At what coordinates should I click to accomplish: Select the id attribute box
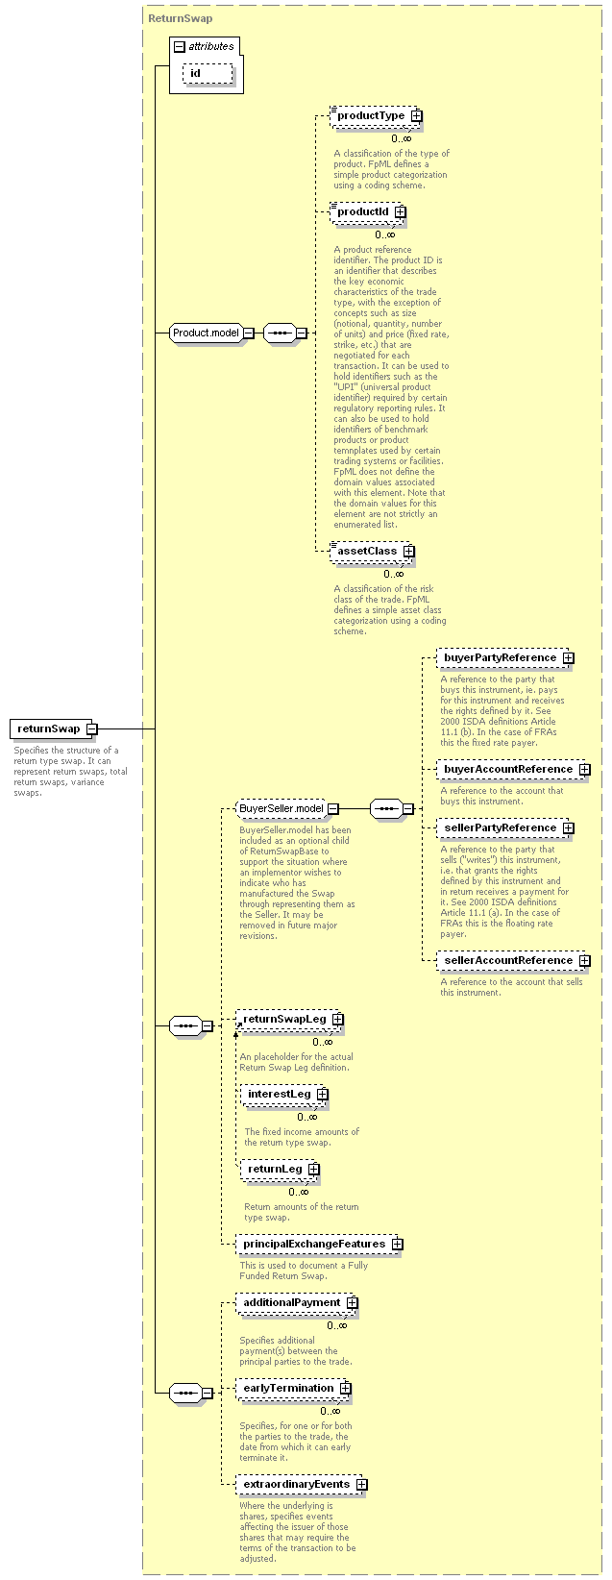pos(208,73)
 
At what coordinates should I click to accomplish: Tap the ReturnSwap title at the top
pos(180,18)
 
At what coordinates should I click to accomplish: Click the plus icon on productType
pos(417,115)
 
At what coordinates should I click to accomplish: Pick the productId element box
pos(367,211)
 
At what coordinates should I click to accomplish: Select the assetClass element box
pos(371,551)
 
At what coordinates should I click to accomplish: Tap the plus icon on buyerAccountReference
pos(584,770)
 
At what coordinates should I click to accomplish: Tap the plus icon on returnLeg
pos(314,1170)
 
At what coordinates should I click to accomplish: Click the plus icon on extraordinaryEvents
pos(361,1485)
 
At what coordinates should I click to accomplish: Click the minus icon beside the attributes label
pos(179,47)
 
